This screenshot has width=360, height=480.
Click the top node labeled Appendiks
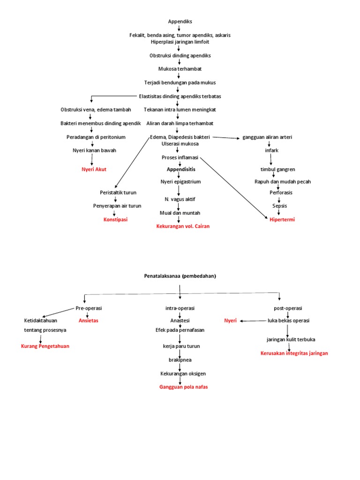click(180, 22)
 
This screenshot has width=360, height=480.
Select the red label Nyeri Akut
click(94, 169)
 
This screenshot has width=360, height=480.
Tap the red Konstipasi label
click(115, 219)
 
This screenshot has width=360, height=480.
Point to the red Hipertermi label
click(282, 219)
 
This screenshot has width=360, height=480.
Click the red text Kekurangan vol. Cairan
click(183, 226)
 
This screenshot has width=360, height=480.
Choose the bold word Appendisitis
click(181, 169)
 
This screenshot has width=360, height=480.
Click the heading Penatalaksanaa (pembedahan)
click(180, 276)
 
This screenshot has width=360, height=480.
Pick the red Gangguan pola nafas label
click(183, 387)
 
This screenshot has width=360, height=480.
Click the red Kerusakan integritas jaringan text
click(294, 353)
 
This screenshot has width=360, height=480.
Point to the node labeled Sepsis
click(279, 206)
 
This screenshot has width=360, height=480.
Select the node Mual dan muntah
click(179, 213)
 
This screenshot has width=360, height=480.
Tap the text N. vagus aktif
click(179, 199)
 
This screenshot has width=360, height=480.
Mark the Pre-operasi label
click(89, 308)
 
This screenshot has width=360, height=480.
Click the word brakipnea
click(180, 360)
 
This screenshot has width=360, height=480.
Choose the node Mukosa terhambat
click(180, 69)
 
